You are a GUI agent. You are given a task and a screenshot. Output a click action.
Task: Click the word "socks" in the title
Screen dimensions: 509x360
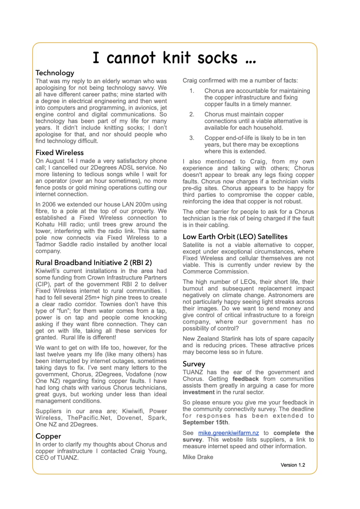point(217,58)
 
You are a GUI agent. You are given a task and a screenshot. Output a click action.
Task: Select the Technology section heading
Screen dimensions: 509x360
point(55,73)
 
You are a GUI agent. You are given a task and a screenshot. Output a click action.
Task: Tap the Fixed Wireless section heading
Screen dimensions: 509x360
point(59,153)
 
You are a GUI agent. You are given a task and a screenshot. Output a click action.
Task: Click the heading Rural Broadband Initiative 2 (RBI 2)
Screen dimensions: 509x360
point(93,262)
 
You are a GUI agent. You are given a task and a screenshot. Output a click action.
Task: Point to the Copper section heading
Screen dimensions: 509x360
point(48,436)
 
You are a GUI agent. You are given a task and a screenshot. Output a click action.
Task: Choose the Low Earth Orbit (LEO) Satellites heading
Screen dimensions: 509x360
point(235,236)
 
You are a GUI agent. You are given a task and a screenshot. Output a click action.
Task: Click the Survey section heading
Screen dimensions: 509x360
point(194,364)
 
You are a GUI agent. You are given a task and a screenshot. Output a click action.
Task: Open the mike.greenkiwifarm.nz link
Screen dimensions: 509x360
point(228,433)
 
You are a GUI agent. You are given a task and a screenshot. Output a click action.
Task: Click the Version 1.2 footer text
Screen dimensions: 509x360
point(293,465)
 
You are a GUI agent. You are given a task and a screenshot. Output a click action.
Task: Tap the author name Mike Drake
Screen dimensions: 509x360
point(198,457)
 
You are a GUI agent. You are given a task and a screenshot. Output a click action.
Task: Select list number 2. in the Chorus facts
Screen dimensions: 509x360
point(192,114)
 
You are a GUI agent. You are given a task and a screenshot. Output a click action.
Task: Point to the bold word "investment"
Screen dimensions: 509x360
point(198,392)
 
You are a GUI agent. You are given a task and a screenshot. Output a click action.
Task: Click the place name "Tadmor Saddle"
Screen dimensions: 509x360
point(53,244)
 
